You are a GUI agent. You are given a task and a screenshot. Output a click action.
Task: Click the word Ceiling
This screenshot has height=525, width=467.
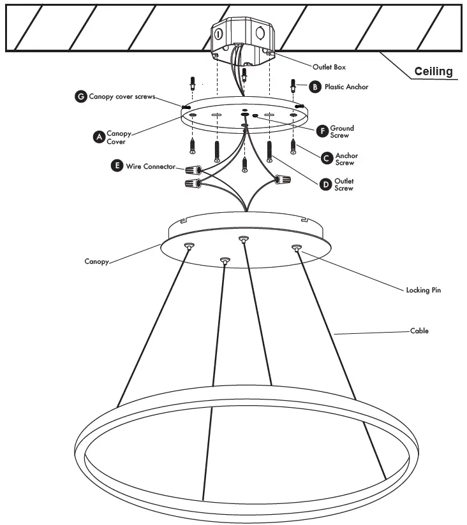tap(433, 71)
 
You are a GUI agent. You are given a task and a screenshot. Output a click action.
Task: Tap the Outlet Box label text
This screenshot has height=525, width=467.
tap(329, 67)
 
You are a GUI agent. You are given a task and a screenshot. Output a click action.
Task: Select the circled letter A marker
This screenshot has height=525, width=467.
tap(98, 137)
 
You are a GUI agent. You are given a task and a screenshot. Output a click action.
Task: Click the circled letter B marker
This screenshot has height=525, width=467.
tap(315, 86)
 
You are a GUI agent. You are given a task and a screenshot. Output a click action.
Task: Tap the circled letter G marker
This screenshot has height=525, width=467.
tap(81, 96)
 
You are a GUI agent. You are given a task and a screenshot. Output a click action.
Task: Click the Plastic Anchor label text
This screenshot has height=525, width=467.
tap(346, 86)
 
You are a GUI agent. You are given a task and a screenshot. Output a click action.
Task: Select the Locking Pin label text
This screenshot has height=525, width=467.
tap(423, 290)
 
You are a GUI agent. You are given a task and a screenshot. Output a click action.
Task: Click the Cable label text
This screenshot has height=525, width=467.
tap(419, 331)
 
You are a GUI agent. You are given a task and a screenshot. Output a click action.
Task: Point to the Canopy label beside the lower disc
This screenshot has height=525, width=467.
tap(98, 261)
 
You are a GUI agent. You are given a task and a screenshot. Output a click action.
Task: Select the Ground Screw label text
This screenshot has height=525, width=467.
tap(342, 132)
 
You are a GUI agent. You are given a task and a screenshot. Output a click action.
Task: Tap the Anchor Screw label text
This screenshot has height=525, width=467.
tap(346, 159)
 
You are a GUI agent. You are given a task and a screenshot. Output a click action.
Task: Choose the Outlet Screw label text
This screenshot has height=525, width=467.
tap(345, 184)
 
